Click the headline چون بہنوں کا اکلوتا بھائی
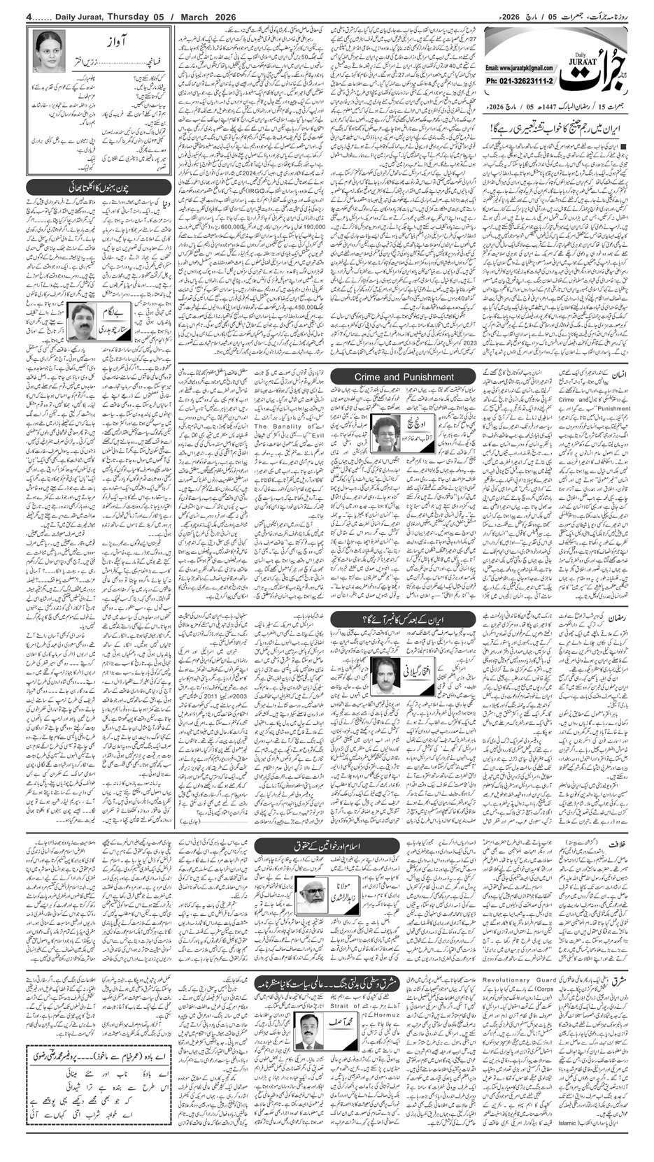(x=99, y=187)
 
